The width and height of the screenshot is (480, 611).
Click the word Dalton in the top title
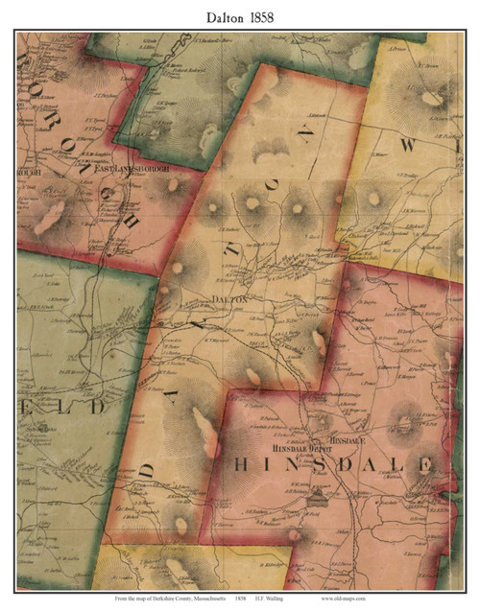coord(218,16)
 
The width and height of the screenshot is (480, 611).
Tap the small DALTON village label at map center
coord(229,299)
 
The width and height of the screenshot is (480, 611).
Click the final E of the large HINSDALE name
coord(422,465)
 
